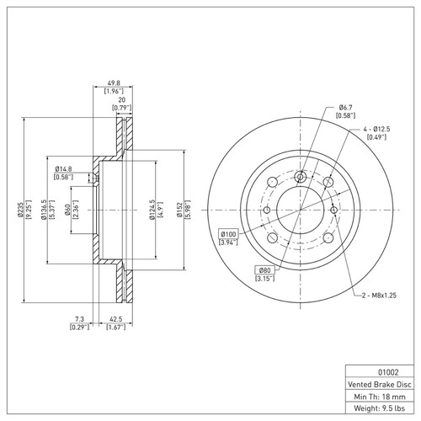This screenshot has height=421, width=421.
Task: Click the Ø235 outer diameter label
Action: pyautogui.click(x=19, y=210)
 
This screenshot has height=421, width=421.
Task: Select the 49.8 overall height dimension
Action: pyautogui.click(x=114, y=83)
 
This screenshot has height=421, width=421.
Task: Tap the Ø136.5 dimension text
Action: pyautogui.click(x=44, y=210)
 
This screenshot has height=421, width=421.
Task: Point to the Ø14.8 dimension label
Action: pyautogui.click(x=63, y=169)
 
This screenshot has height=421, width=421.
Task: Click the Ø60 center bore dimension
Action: pyautogui.click(x=67, y=210)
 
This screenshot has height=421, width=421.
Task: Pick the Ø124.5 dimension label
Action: pyautogui.click(x=152, y=210)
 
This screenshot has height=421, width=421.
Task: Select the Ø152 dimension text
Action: pyautogui.click(x=179, y=210)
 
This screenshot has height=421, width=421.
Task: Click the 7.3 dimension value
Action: pyautogui.click(x=79, y=319)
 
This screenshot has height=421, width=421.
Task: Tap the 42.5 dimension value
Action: pyautogui.click(x=116, y=319)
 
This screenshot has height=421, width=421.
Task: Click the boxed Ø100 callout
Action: pyautogui.click(x=229, y=233)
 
